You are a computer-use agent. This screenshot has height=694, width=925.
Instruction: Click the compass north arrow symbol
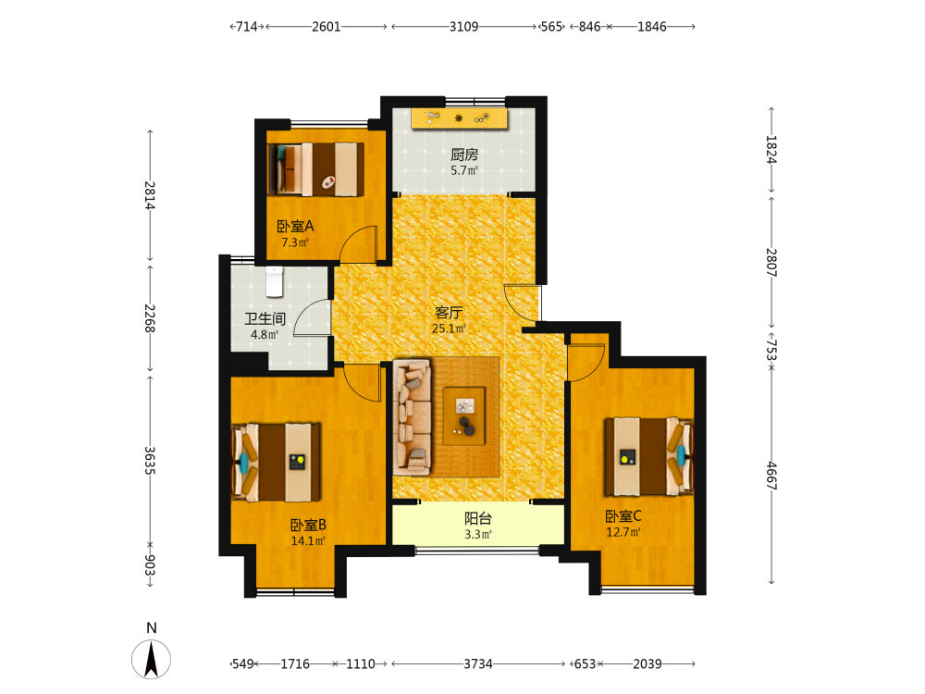click(151, 659)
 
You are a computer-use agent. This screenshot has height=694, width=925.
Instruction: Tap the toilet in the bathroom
click(275, 281)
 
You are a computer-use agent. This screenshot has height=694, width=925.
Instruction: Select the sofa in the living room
click(413, 416)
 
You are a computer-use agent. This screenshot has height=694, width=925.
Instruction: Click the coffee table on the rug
click(464, 415)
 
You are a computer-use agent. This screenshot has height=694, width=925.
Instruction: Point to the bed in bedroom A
click(315, 168)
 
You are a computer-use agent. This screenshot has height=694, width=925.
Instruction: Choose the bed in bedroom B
click(276, 462)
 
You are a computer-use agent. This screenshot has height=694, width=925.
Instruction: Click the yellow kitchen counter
click(459, 118)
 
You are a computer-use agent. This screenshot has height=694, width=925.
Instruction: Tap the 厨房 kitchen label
click(464, 155)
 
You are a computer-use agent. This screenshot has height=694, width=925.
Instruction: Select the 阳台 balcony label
click(478, 519)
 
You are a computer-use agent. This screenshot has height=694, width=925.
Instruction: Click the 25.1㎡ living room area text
click(449, 328)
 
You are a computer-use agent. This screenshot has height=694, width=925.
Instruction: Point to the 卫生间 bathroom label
click(265, 319)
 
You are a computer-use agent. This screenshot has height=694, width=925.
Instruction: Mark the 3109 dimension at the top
click(463, 27)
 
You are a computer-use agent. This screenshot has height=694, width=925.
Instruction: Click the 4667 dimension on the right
click(771, 476)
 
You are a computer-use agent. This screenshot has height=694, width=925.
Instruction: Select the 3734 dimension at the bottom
click(478, 663)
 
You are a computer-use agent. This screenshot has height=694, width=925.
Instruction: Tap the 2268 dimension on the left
click(150, 318)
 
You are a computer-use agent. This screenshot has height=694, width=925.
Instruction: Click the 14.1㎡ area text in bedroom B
click(308, 540)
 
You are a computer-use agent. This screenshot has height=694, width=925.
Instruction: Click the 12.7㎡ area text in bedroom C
click(623, 532)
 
